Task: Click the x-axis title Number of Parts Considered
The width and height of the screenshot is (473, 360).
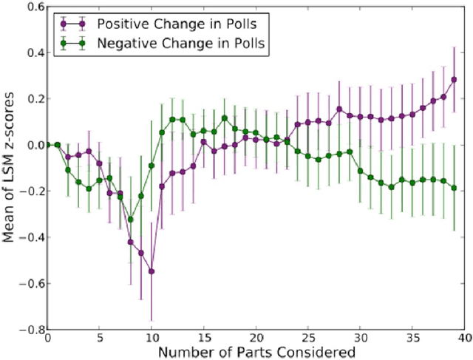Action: point(256,353)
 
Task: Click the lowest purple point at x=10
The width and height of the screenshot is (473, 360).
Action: point(152,271)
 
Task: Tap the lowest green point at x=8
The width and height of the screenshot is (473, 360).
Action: point(131,219)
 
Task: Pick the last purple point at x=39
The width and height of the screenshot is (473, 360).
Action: point(454,80)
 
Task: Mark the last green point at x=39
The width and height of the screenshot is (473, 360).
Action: point(454,188)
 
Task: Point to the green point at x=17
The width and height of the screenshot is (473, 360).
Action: point(225,118)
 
